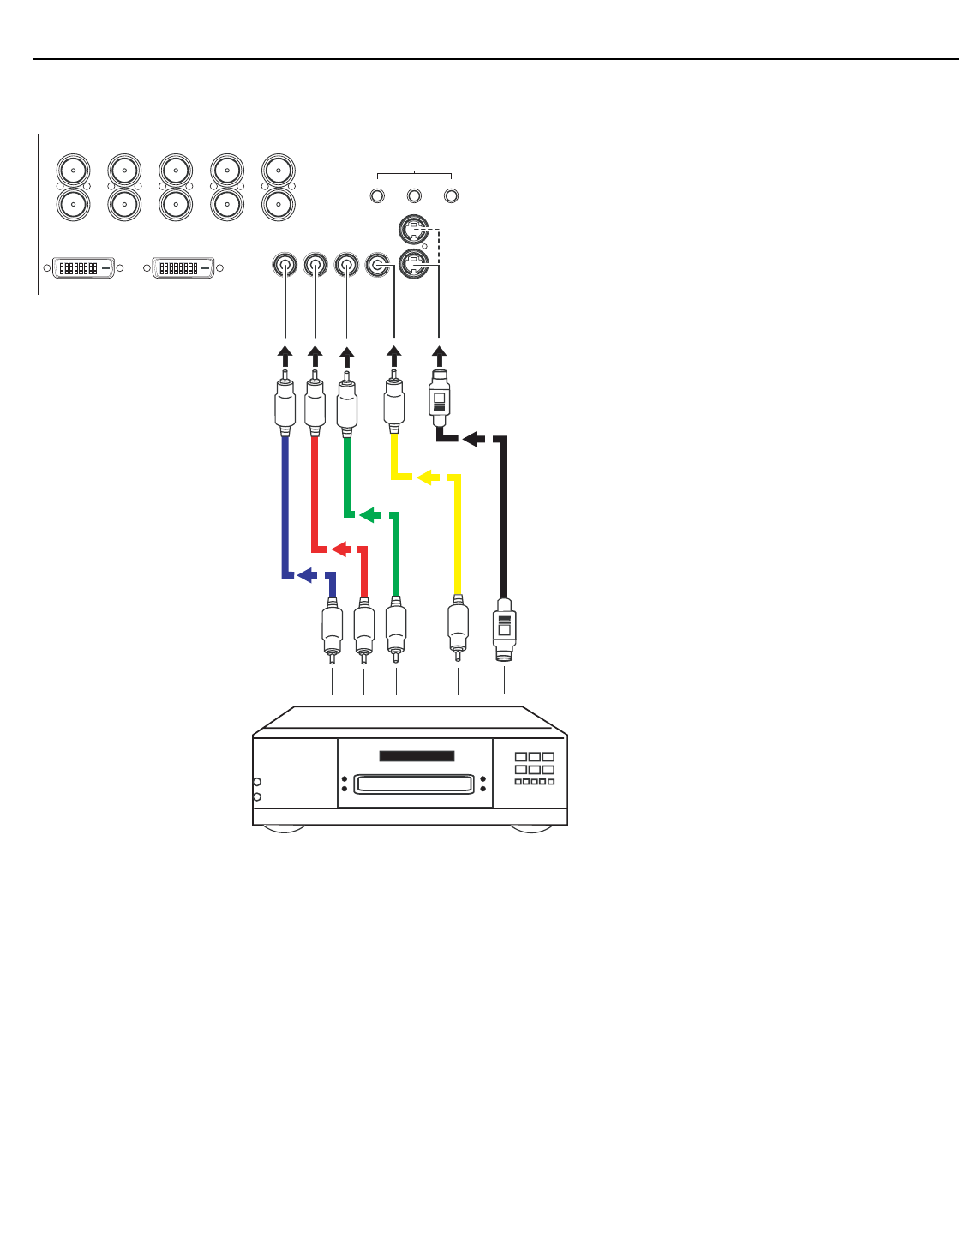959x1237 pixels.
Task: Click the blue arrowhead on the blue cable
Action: click(304, 575)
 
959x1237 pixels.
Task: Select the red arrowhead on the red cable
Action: click(339, 548)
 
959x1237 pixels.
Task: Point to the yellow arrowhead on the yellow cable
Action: click(424, 477)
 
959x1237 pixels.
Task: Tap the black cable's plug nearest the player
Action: click(504, 632)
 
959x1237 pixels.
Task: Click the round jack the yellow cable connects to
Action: click(377, 266)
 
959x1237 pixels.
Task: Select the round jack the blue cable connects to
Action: click(285, 266)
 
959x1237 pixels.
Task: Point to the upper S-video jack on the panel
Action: click(414, 230)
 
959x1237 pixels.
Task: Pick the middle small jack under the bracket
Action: click(414, 196)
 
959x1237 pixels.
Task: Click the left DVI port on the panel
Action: click(84, 267)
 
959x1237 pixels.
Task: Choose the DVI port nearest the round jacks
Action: click(183, 267)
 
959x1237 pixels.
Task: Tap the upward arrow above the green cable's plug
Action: click(347, 355)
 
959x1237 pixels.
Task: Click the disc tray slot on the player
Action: click(413, 784)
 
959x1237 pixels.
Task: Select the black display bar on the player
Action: click(417, 756)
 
